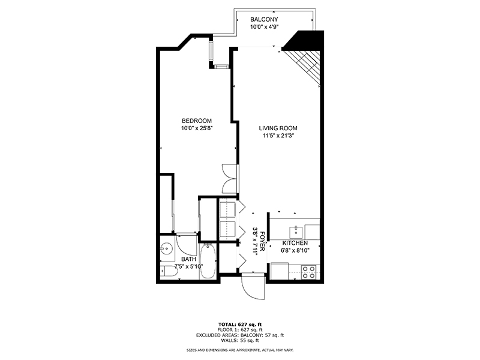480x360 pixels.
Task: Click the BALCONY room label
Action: [x=264, y=20]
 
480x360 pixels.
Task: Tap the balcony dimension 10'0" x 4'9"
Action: [x=264, y=28]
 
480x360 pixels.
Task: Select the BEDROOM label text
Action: [x=197, y=120]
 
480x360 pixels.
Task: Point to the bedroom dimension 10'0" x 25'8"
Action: [x=197, y=128]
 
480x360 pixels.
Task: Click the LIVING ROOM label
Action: [x=278, y=128]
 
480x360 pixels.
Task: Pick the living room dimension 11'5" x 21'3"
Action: [x=278, y=136]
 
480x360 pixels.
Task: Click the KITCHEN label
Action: [x=295, y=243]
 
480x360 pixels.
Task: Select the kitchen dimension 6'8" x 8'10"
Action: [x=295, y=251]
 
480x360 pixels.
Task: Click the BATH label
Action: [x=172, y=259]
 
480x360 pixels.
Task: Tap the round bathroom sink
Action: [x=166, y=247]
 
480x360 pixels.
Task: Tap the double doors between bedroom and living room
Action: [x=230, y=178]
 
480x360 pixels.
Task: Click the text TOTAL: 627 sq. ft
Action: [x=240, y=324]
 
